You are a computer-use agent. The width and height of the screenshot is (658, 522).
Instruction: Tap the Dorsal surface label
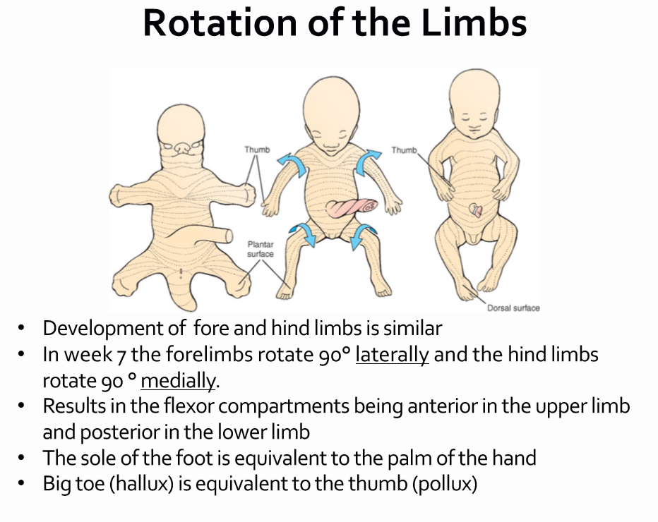(x=513, y=308)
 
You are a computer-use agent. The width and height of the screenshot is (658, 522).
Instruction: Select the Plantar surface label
(x=261, y=249)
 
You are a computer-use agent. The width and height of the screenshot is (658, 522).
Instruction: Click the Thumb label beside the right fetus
(x=404, y=150)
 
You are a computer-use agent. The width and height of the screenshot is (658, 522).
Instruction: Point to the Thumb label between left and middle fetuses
(x=257, y=150)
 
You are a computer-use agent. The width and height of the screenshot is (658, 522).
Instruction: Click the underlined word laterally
(x=392, y=355)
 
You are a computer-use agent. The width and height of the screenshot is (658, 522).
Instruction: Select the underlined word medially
(x=178, y=381)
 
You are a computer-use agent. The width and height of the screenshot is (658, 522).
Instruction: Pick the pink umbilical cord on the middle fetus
(x=351, y=208)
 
